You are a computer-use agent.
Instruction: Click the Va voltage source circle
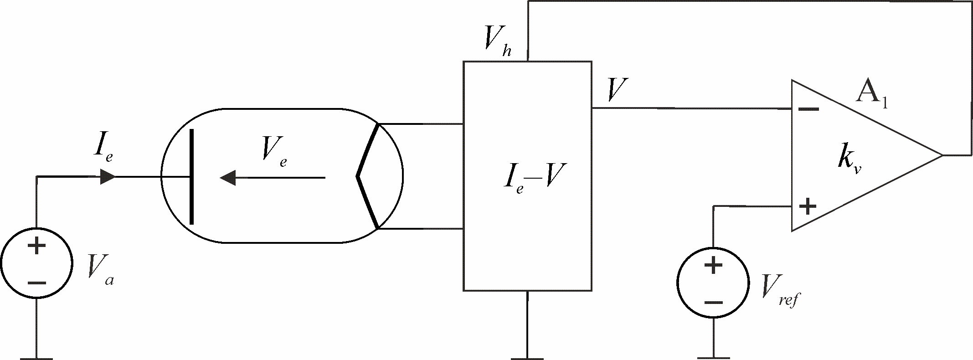pyautogui.click(x=36, y=263)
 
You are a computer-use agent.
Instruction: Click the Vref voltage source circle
pyautogui.click(x=713, y=283)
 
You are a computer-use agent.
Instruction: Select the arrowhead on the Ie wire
pyautogui.click(x=108, y=177)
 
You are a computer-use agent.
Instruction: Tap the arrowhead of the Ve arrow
pyautogui.click(x=228, y=177)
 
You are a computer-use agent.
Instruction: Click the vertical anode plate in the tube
pyautogui.click(x=191, y=177)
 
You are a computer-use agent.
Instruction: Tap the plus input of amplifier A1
pyautogui.click(x=808, y=206)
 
